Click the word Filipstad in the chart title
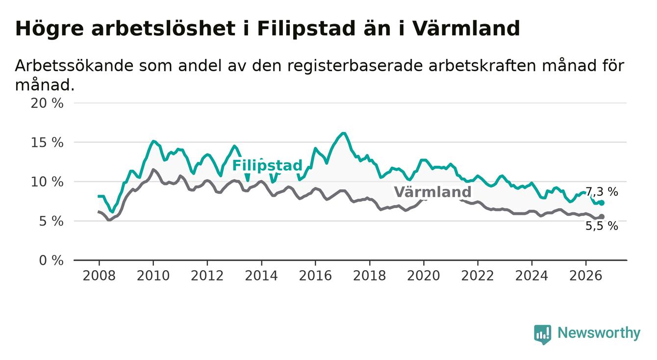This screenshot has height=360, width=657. [x=306, y=28]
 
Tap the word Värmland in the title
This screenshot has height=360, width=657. [x=466, y=28]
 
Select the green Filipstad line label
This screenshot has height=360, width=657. [x=267, y=165]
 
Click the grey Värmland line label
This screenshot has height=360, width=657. [x=432, y=192]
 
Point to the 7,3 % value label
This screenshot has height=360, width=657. [x=602, y=192]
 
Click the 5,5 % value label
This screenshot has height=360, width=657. [x=602, y=226]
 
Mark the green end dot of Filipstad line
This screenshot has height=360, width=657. [x=602, y=203]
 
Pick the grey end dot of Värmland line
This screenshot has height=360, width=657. [x=602, y=216]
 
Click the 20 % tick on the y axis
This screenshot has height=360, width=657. [x=47, y=103]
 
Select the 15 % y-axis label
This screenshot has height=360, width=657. [x=47, y=143]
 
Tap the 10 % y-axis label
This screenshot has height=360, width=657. [x=47, y=182]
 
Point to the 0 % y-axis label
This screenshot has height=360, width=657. [x=51, y=260]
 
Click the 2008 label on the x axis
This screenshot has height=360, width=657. [x=99, y=276]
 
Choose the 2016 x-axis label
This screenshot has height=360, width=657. [x=315, y=276]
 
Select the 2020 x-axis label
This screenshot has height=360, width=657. [x=424, y=276]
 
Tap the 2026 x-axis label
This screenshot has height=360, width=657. [x=586, y=276]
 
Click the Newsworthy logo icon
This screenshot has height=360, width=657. [x=543, y=334]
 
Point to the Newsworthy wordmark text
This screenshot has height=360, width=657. [x=599, y=333]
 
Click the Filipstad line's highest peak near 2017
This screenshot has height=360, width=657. [x=344, y=133]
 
